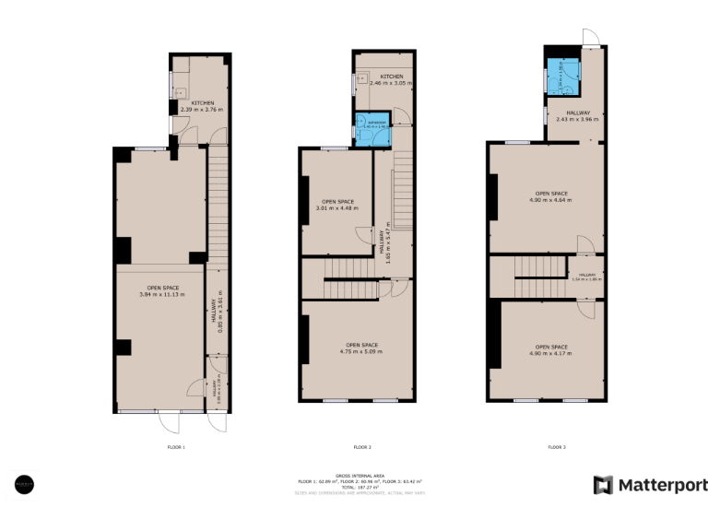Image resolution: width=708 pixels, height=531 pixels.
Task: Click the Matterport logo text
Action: pos(662,486)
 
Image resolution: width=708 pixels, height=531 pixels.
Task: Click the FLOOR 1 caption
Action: pos(175,447)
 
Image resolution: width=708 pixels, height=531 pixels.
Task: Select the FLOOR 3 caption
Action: pos(556,447)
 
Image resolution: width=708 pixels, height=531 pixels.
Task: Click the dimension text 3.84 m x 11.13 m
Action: pos(161,294)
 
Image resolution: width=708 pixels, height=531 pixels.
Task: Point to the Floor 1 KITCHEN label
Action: pos(203,102)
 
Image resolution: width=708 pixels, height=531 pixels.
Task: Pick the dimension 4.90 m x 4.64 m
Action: pos(550,200)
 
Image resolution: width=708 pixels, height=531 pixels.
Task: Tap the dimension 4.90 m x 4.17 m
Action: pos(550,352)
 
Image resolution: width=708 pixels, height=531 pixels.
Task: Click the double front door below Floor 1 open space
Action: pos(169,420)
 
